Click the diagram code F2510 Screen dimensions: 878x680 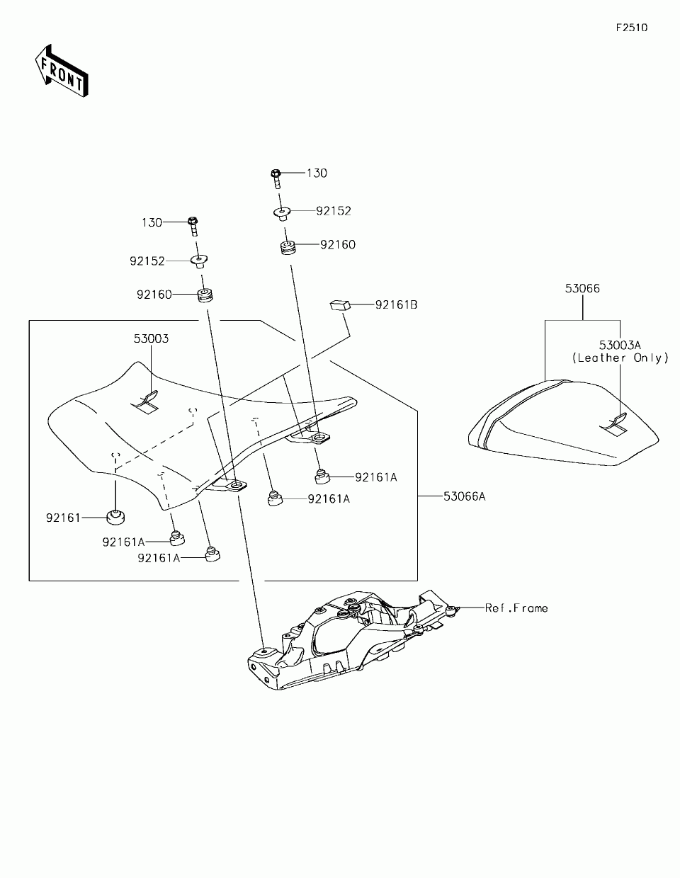tap(631, 28)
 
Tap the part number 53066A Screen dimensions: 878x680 tap(464, 496)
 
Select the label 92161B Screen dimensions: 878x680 tap(396, 304)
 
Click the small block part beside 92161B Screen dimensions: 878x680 tap(341, 306)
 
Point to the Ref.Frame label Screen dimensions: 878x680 tap(516, 608)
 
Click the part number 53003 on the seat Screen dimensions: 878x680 tap(151, 338)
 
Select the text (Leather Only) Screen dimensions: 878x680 tap(620, 358)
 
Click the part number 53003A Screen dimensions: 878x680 tap(620, 345)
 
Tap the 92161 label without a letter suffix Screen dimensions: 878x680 tap(64, 518)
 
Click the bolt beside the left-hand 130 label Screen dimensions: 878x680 tap(193, 227)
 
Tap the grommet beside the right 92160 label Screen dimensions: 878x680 tap(287, 249)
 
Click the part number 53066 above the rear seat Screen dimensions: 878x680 tap(582, 288)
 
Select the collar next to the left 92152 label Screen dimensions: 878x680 tap(199, 261)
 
